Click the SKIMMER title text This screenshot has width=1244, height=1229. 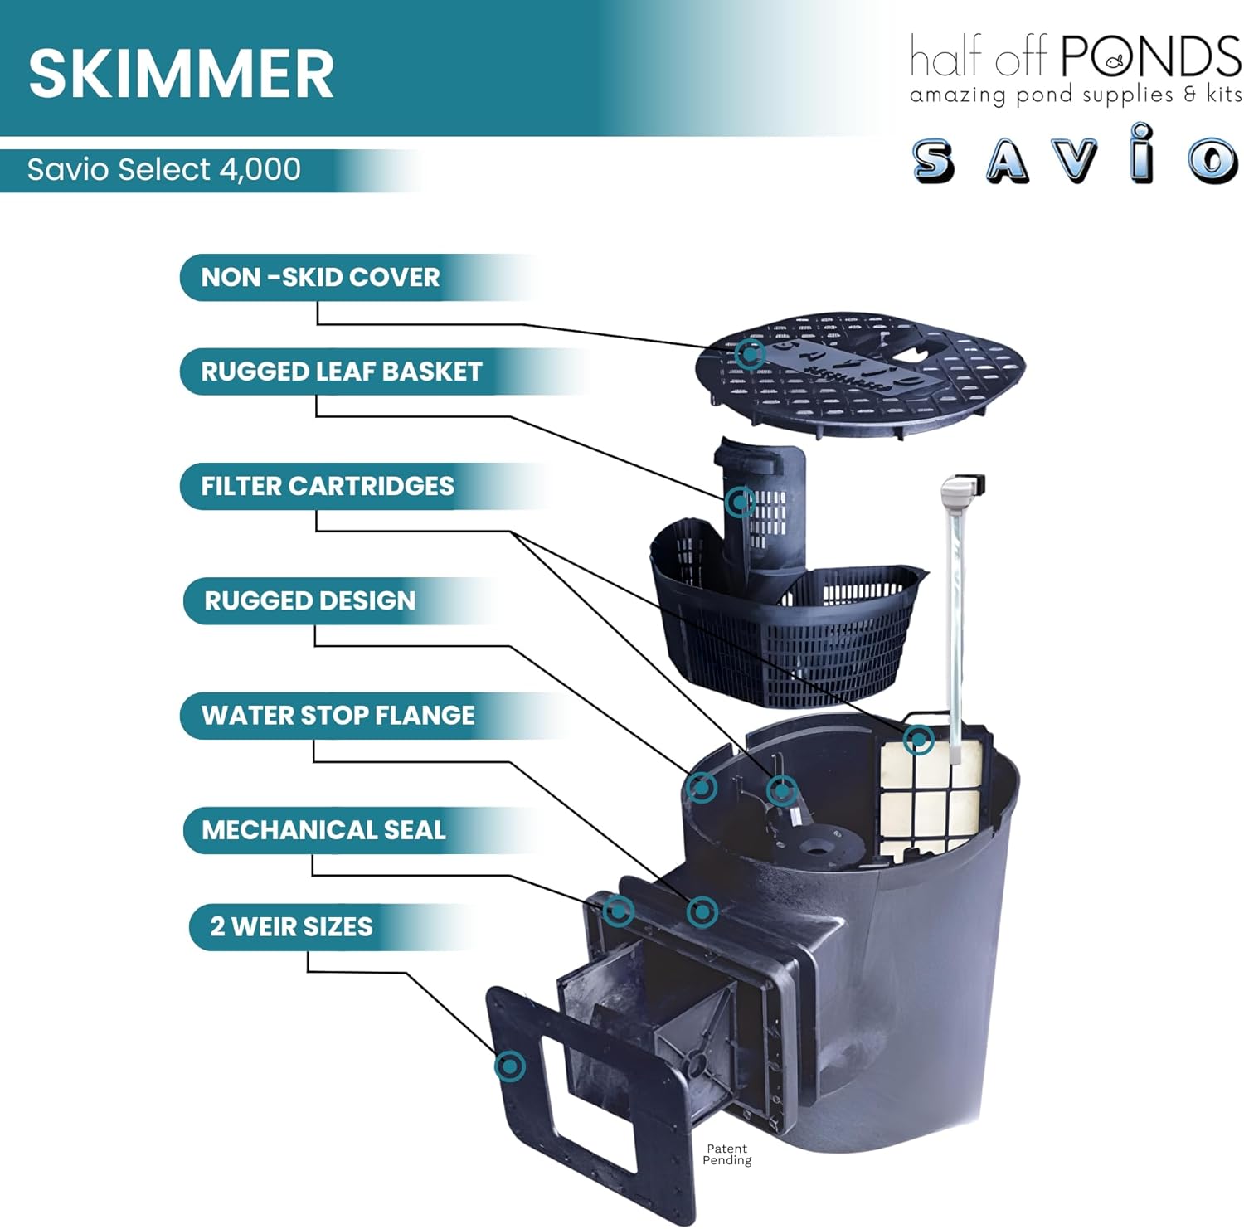[181, 73]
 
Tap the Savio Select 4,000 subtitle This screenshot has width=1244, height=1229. [163, 170]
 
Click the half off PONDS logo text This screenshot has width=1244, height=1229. [1075, 56]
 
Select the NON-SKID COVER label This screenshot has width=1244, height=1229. [320, 277]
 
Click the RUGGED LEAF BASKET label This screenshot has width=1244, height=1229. [341, 372]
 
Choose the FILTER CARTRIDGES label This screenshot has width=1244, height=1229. [327, 486]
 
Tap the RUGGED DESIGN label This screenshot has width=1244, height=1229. [309, 600]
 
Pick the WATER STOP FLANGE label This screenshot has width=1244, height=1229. [338, 715]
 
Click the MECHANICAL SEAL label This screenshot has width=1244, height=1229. [323, 829]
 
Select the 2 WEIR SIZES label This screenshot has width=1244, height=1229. [290, 926]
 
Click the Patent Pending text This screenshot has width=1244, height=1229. [726, 1154]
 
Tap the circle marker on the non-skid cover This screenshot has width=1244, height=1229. [750, 353]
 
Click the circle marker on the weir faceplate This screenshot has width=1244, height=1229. [510, 1066]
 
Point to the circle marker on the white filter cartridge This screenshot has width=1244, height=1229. [919, 739]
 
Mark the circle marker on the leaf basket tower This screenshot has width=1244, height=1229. [740, 502]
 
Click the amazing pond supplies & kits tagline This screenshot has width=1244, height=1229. [1075, 95]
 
